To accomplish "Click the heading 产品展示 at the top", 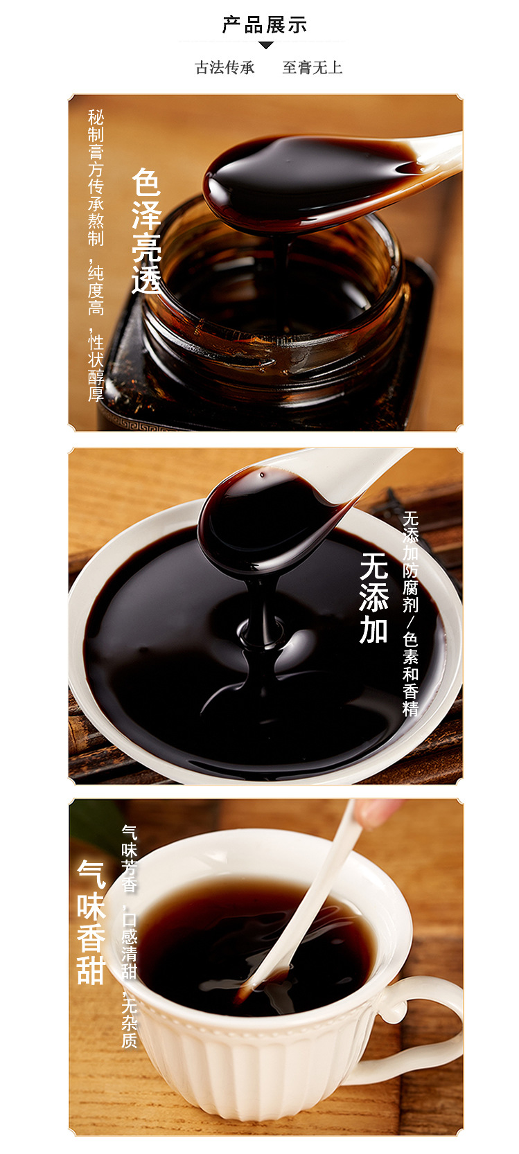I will coord(265,26).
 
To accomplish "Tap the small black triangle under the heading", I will coord(266,46).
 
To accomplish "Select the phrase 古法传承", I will coord(225,67).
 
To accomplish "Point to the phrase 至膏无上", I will coord(312,67).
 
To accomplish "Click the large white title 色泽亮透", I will coord(146,231).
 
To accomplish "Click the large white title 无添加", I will coord(374,598).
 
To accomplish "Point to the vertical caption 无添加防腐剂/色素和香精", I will coord(411,613).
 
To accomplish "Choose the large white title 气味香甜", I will coord(91,921).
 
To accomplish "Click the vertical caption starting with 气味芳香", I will coord(130,935).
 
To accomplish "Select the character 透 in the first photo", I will coord(146,278).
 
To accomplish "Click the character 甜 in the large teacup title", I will coord(91,969).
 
